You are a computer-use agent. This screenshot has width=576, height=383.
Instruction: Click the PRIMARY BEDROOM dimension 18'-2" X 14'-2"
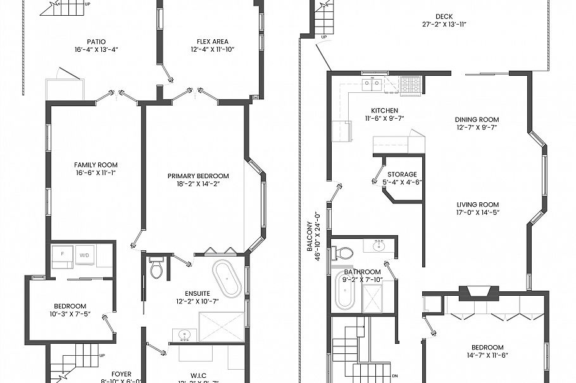197,185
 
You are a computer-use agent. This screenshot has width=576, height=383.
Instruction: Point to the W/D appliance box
85,255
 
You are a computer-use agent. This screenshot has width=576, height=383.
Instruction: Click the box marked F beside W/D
61,255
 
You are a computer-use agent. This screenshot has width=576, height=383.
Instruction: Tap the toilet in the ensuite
156,269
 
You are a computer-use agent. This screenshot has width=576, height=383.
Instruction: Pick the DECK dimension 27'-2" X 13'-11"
444,25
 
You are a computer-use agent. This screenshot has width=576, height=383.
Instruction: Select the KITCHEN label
384,110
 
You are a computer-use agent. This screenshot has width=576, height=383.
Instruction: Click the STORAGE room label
402,174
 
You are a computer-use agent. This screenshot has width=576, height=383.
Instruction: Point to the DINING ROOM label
477,119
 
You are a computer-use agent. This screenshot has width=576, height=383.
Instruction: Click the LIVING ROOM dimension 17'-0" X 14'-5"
477,212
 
